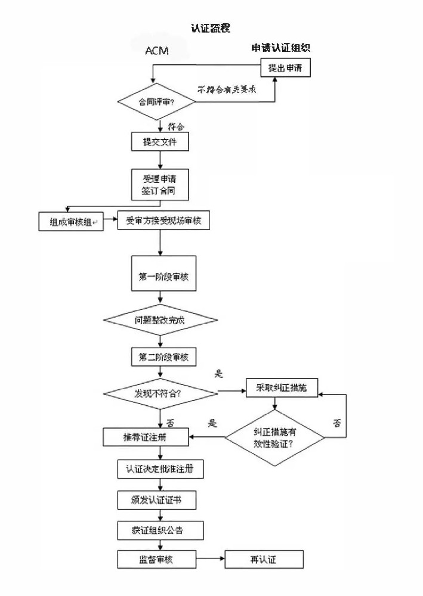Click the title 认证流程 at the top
[x=211, y=28]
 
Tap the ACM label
[x=157, y=51]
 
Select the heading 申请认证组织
[x=280, y=48]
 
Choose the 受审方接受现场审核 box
[x=163, y=221]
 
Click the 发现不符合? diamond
[x=160, y=393]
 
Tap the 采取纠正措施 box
[x=282, y=388]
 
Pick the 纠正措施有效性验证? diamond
[x=274, y=438]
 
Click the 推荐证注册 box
[x=146, y=437]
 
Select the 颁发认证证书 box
[x=156, y=499]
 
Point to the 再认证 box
[x=264, y=559]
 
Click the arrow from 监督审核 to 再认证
[x=210, y=559]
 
